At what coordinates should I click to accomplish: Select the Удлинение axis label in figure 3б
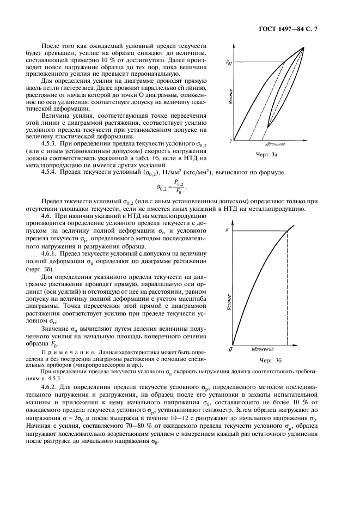[263, 348]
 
